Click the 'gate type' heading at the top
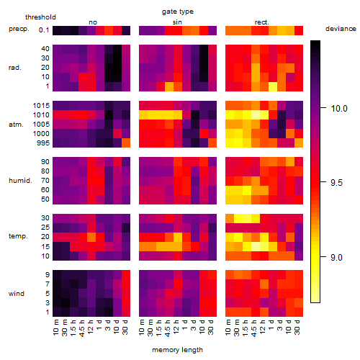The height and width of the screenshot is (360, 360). click(x=178, y=12)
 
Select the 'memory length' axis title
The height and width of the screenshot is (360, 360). click(x=177, y=350)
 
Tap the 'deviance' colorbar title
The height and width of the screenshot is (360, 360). click(x=341, y=29)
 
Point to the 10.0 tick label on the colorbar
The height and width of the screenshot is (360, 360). click(x=339, y=109)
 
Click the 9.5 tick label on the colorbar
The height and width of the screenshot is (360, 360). click(x=336, y=183)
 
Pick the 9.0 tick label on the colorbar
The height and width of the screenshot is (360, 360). click(x=336, y=258)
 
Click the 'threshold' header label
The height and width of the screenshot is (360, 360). click(x=40, y=17)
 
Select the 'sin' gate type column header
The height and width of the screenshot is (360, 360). click(x=177, y=22)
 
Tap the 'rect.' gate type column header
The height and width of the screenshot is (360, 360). click(x=262, y=22)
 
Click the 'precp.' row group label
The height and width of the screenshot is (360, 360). click(x=19, y=29)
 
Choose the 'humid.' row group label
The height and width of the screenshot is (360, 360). click(x=20, y=181)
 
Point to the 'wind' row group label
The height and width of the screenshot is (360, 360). click(x=17, y=294)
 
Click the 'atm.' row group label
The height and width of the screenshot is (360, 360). click(x=16, y=125)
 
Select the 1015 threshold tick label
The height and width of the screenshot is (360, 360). click(x=41, y=106)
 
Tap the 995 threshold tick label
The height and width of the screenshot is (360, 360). click(x=43, y=143)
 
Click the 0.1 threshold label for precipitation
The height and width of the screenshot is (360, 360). click(x=44, y=30)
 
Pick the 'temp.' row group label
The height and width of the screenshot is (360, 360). click(x=18, y=236)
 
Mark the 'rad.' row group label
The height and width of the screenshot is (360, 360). click(x=15, y=68)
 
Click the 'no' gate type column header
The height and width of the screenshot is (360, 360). click(x=93, y=22)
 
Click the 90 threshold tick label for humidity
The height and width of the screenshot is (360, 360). click(x=45, y=162)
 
